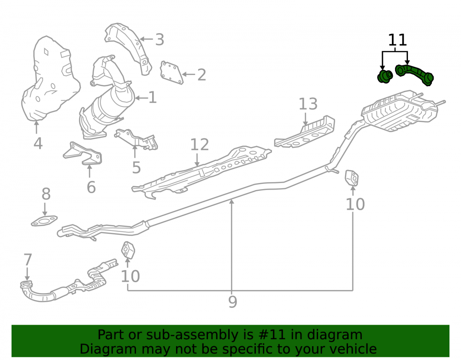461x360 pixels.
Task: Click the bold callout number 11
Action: pos(397,40)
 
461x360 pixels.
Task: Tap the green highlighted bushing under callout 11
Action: pos(385,76)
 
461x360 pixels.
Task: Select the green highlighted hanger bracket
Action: pos(414,74)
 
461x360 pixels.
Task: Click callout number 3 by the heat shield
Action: pos(160,40)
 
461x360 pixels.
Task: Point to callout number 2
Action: pos(201,75)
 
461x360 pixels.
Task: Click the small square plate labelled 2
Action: pos(171,72)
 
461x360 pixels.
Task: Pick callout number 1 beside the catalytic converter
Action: pos(152,97)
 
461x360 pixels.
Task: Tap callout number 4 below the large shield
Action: pos(38,143)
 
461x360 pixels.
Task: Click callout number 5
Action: pos(136,167)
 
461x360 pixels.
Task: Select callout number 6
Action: pos(91,187)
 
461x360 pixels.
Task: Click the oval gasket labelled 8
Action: pos(44,221)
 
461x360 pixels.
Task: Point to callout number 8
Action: pos(46,194)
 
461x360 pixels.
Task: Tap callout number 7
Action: pos(28,260)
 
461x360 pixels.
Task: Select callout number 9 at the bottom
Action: pos(232,302)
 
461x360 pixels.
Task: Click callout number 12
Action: pos(200,145)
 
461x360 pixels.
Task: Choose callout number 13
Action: pos(308,104)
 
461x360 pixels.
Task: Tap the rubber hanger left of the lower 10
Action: pos(128,250)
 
